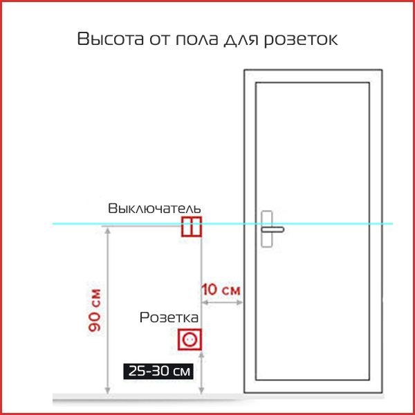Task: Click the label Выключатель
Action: (155, 208)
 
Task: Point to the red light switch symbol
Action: (192, 226)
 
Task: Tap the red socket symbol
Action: (190, 340)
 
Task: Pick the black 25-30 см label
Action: (158, 371)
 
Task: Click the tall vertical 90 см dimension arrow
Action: (107, 311)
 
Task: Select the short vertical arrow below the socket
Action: (200, 373)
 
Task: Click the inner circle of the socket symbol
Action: (190, 340)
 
